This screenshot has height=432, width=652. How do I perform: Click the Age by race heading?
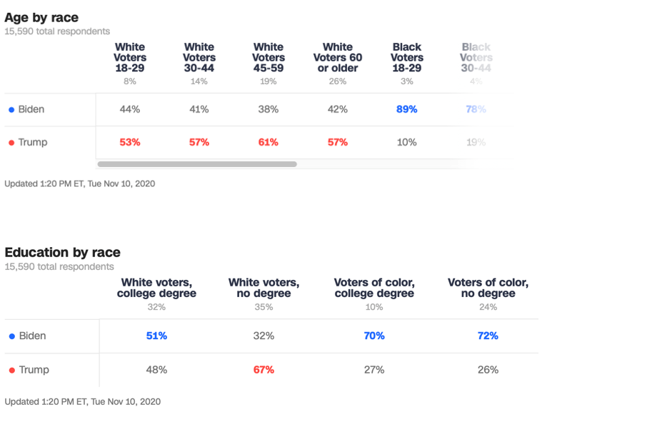(x=41, y=18)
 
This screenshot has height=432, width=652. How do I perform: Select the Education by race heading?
(x=62, y=252)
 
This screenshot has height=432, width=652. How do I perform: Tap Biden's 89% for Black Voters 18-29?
(x=407, y=109)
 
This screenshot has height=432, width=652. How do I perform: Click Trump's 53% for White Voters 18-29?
(x=130, y=142)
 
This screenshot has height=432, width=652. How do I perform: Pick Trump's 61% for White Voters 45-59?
(x=269, y=142)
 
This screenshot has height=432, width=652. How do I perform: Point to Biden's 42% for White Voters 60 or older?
(x=338, y=109)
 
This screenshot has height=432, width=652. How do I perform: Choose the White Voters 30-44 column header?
(x=199, y=57)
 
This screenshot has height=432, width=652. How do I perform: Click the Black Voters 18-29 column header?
(x=407, y=57)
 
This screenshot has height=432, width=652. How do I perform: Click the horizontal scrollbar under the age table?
(x=197, y=164)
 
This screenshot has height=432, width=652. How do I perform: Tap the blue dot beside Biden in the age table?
(x=11, y=110)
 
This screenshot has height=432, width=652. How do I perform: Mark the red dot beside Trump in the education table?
(x=11, y=371)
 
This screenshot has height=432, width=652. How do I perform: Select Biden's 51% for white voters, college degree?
(x=156, y=336)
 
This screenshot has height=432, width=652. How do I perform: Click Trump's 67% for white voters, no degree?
(x=264, y=370)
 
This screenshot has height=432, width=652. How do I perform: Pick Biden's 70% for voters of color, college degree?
(x=374, y=336)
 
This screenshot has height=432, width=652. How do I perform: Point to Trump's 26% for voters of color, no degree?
(x=488, y=370)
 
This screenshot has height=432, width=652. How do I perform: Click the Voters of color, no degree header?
(x=488, y=288)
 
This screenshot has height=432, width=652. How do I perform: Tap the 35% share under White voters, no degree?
(x=264, y=307)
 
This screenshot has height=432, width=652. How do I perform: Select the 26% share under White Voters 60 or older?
(x=338, y=81)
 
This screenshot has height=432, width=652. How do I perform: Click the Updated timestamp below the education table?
(x=82, y=401)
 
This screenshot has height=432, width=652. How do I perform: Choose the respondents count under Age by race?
(x=57, y=31)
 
